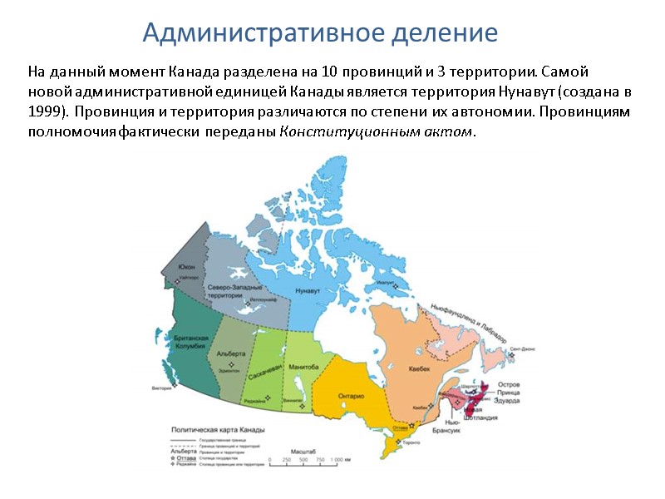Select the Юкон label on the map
pos(186,267)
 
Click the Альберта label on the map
pos(230,353)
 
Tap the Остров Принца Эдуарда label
pos(509,393)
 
